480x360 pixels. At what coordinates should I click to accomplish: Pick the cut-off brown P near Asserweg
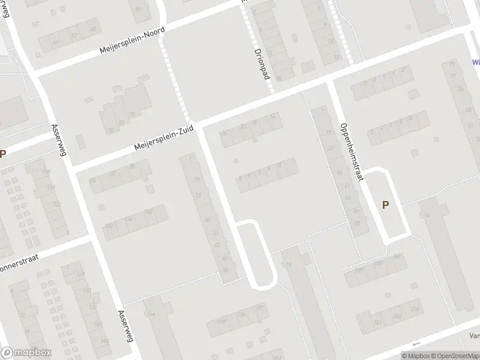[x=2, y=154]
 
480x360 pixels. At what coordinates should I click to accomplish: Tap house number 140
[x=148, y=211]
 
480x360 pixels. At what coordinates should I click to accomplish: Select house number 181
[x=397, y=258]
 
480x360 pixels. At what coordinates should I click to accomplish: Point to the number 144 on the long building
[x=151, y=314]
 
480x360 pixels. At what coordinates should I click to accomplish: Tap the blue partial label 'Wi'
[x=476, y=62]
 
